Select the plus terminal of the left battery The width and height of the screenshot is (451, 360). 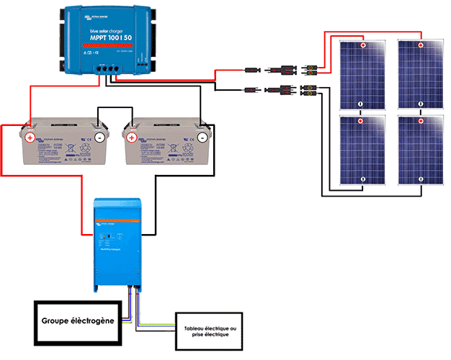click(x=30, y=136)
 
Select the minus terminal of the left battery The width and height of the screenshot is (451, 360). click(x=99, y=136)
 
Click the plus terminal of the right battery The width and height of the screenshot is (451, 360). click(x=132, y=136)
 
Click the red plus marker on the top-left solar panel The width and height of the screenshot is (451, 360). click(x=363, y=45)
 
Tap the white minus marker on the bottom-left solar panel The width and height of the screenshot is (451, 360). click(x=363, y=179)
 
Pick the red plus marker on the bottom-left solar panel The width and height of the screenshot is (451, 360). click(x=363, y=120)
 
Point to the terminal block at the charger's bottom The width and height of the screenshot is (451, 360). click(x=109, y=70)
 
